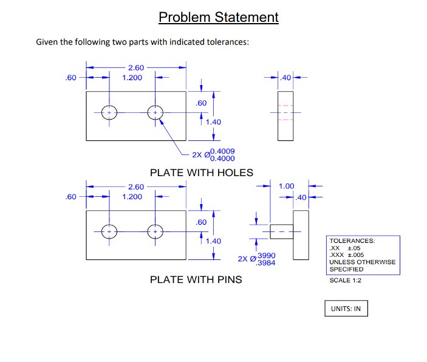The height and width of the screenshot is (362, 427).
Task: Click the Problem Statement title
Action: (x=218, y=17)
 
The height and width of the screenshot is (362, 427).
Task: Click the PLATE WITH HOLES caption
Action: (x=201, y=172)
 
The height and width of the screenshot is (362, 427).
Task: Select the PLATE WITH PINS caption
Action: (x=196, y=279)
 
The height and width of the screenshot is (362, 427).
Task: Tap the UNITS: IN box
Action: (x=346, y=309)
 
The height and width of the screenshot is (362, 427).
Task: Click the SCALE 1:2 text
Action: (x=345, y=280)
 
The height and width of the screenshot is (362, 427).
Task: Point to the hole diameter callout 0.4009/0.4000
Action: (x=213, y=155)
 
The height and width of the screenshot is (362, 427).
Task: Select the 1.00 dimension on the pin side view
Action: (x=285, y=186)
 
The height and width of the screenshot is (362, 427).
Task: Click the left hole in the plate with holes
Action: (x=109, y=113)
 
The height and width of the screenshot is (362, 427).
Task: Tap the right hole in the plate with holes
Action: (x=155, y=113)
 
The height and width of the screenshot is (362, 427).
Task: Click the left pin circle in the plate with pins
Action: (x=109, y=232)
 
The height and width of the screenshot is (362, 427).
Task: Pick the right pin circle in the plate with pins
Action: (x=155, y=232)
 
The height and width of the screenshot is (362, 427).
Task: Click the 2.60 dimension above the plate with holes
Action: (x=135, y=67)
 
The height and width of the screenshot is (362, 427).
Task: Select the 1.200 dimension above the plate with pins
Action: (x=132, y=197)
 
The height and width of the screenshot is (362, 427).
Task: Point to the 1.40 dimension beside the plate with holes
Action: (x=213, y=122)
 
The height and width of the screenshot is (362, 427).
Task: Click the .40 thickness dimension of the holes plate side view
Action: (x=285, y=78)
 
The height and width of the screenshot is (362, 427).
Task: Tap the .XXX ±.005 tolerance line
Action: (x=345, y=255)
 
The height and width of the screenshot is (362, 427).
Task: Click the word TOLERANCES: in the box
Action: (x=352, y=241)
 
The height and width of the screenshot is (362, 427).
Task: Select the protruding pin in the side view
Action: (x=278, y=232)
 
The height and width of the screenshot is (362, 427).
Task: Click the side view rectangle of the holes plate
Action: (x=285, y=116)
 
